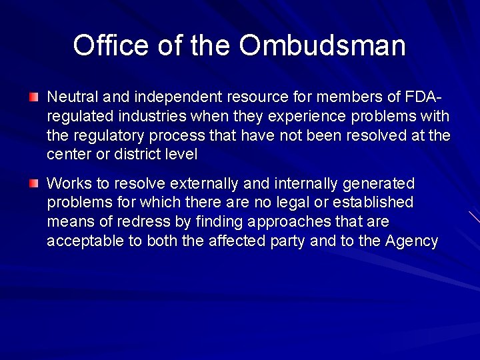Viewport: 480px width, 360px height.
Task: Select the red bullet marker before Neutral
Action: (x=33, y=97)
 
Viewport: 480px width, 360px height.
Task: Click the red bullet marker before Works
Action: (x=33, y=183)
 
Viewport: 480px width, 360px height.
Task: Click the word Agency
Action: (x=411, y=241)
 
